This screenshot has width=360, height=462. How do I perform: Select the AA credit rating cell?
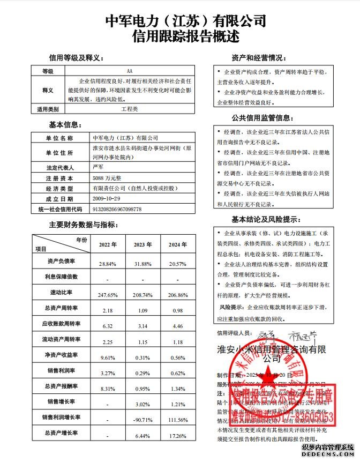[129, 71]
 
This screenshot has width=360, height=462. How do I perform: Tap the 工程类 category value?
[129, 109]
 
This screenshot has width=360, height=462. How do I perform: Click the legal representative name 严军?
[98, 168]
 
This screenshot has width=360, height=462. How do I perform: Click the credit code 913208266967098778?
[117, 209]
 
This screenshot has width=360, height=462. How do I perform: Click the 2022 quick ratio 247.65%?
[108, 295]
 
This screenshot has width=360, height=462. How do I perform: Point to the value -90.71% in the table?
[142, 419]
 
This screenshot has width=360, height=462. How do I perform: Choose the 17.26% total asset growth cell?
[177, 435]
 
